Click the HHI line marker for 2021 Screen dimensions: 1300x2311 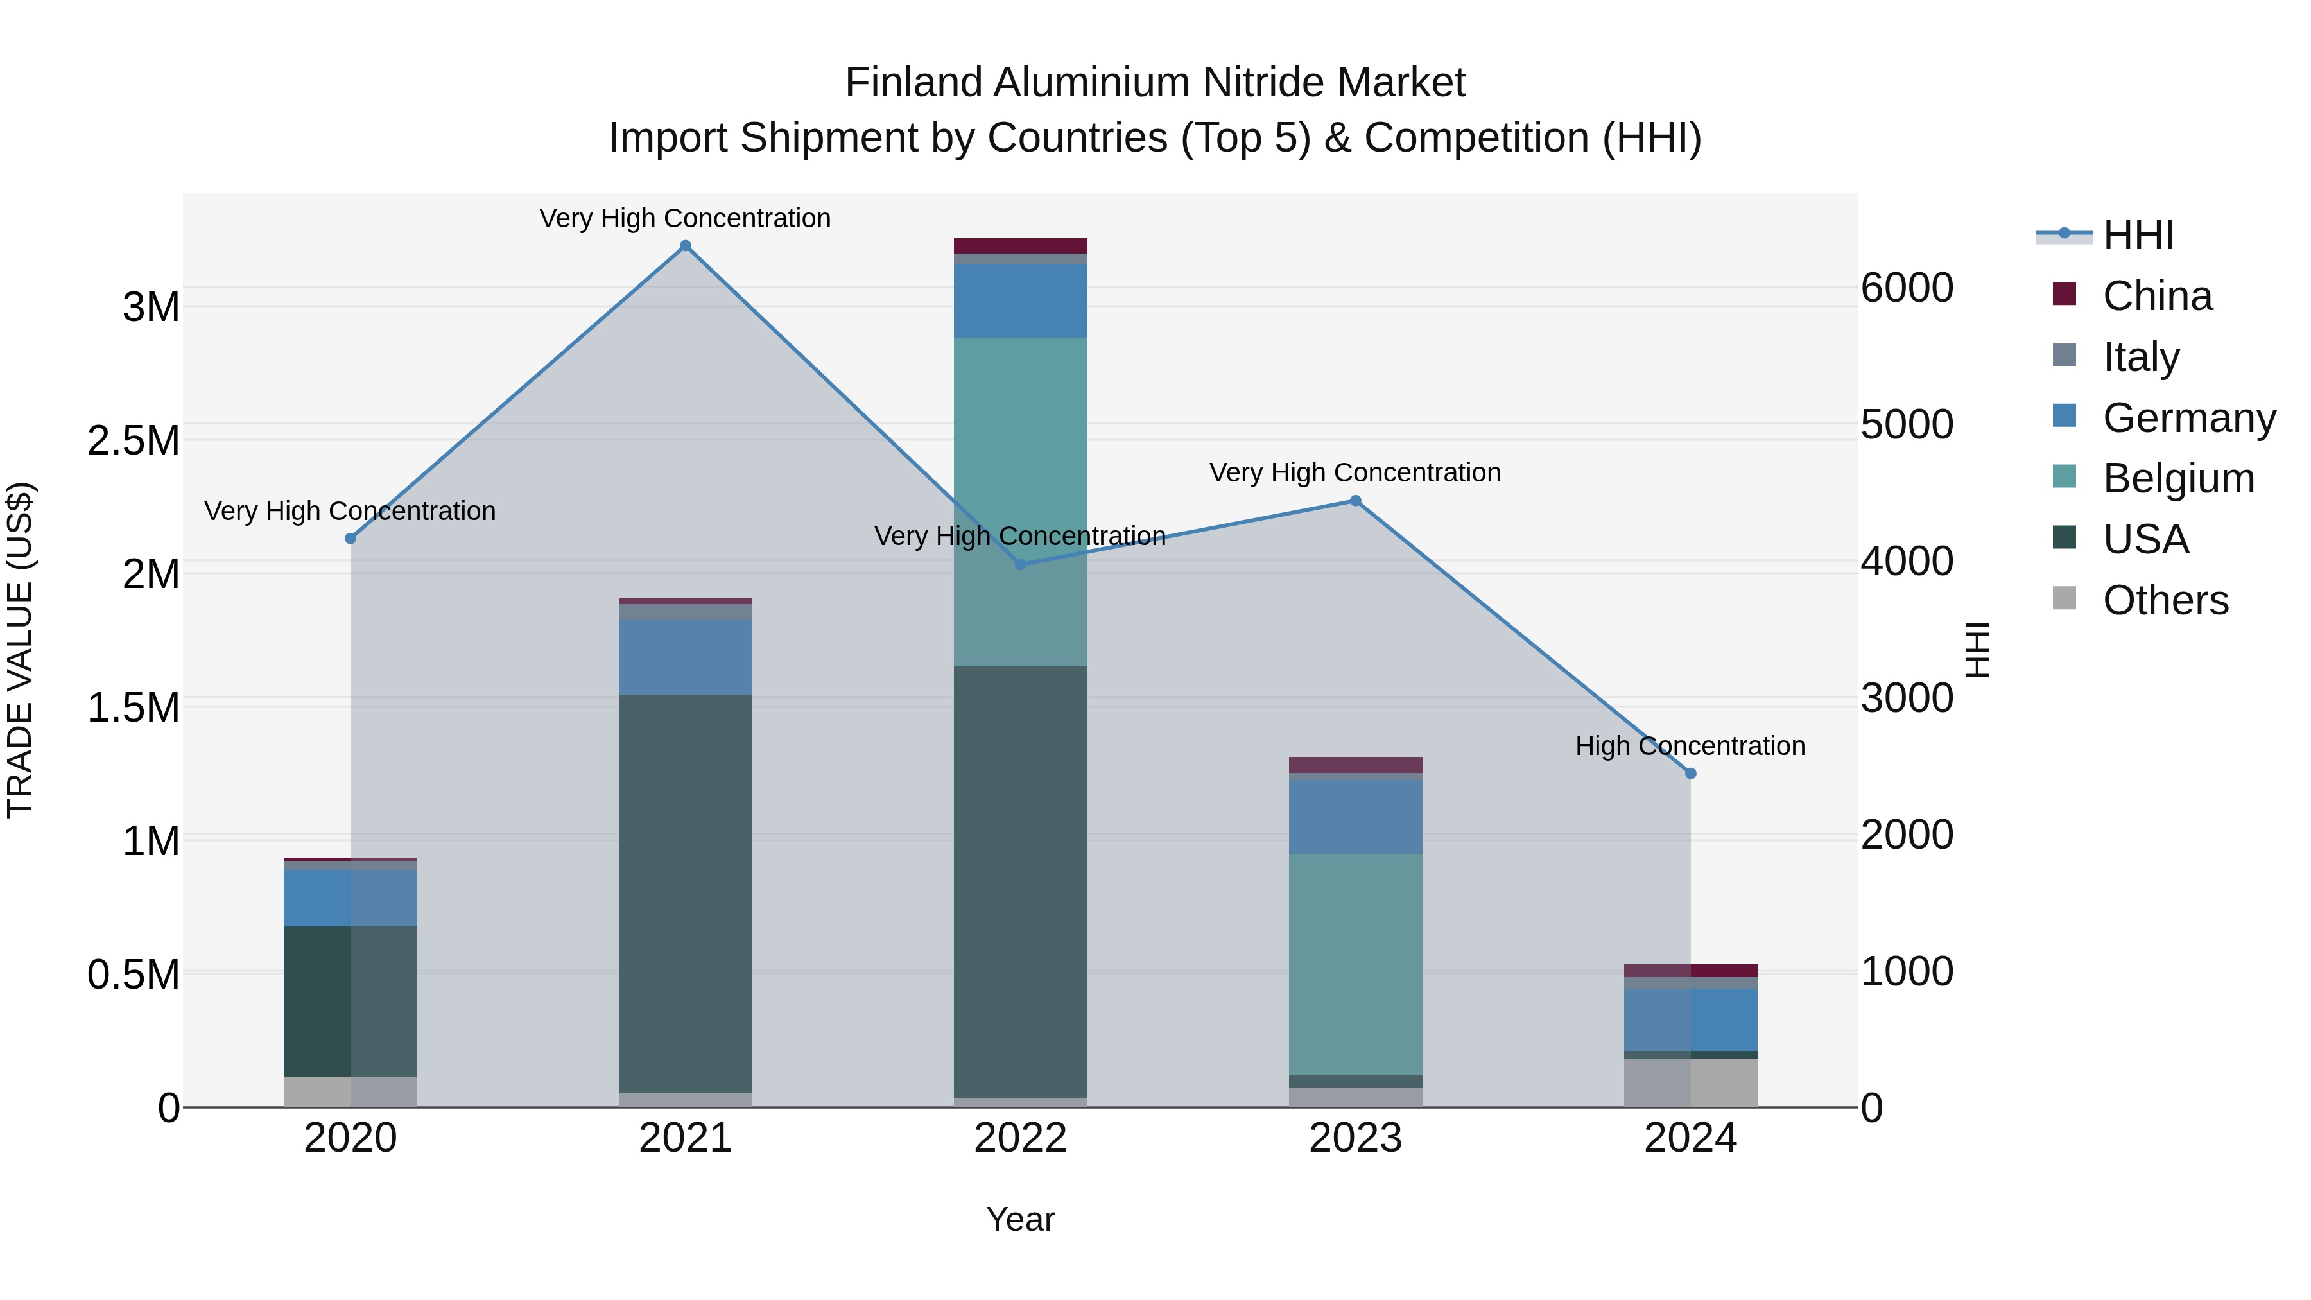pos(686,246)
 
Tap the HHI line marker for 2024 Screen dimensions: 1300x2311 pos(1690,774)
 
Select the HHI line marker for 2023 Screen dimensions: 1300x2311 pos(1356,501)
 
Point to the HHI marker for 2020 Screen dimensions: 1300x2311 pos(351,539)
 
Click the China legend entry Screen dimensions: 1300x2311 pos(2157,296)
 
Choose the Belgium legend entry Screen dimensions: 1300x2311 pos(2177,478)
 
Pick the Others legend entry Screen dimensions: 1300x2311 pos(2165,600)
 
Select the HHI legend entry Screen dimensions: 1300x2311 pos(2138,235)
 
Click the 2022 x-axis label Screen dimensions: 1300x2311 pos(1020,1138)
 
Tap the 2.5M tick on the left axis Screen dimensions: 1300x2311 pos(134,440)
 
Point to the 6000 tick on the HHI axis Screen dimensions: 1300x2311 pos(1907,288)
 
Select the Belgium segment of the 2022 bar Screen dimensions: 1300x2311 pos(1020,503)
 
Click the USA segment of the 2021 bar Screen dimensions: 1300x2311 pos(686,893)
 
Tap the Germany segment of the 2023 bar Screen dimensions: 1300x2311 pos(1356,817)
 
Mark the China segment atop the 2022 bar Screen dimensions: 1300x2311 pos(1020,246)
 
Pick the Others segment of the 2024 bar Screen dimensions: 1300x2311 pos(1690,1083)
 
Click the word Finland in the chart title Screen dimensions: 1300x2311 pos(913,83)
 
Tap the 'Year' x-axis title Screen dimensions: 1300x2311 pos(1020,1219)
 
